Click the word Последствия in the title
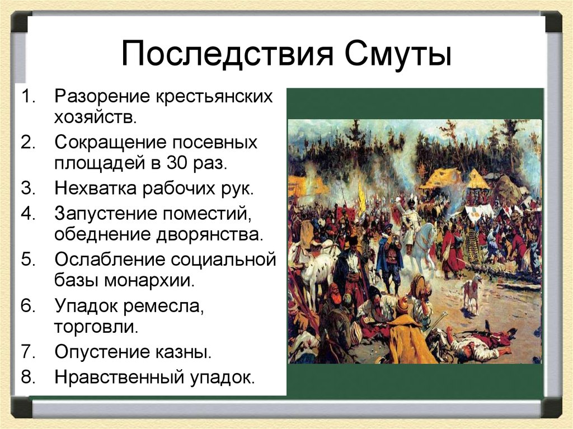click(x=227, y=54)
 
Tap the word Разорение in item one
click(x=102, y=96)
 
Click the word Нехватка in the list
click(x=95, y=188)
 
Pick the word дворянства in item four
click(x=209, y=234)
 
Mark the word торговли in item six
click(x=96, y=326)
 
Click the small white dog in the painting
click(x=472, y=291)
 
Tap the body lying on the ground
click(x=475, y=342)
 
